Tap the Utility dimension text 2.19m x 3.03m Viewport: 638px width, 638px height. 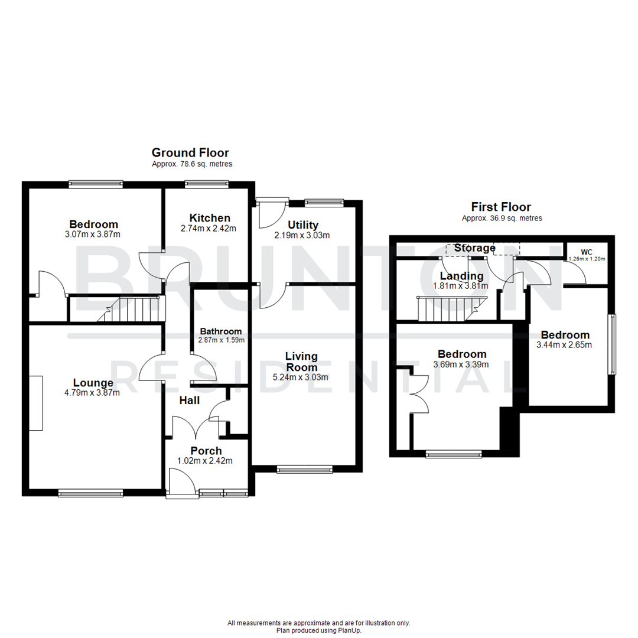coord(302,235)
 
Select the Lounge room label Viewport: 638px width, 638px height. coord(93,382)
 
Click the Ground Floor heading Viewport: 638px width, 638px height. coord(190,153)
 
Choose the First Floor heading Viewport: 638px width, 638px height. coord(500,207)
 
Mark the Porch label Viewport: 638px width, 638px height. coord(202,451)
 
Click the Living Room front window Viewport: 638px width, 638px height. coord(305,470)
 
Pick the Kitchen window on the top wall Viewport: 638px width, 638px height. coord(207,184)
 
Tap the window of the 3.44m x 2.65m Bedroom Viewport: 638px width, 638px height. coord(613,344)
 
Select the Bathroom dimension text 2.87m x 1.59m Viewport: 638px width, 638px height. coord(222,340)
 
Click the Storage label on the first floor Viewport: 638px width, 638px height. coord(475,248)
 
